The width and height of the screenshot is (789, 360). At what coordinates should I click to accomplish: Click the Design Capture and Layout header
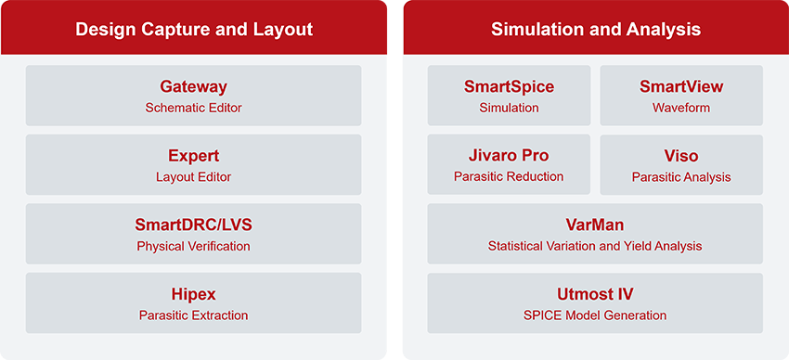coord(194,30)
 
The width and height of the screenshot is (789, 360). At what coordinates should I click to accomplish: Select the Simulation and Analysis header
coord(595,30)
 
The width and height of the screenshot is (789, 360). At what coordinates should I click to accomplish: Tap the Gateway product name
coord(193,87)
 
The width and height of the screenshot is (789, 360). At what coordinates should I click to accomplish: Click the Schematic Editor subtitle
coord(193,108)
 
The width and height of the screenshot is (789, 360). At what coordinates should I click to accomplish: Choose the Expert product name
coord(193,156)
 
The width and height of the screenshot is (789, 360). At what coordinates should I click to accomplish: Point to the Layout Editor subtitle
coord(193,176)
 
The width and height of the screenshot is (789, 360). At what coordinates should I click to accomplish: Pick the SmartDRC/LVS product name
coord(193,225)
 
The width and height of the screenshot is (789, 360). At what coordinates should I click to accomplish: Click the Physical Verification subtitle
coord(193,246)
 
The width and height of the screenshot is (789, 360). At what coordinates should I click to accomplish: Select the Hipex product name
coord(193,294)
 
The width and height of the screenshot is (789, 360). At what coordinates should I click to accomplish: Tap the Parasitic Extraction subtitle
coord(193,315)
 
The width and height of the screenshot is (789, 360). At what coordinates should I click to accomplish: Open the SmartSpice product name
coord(509,87)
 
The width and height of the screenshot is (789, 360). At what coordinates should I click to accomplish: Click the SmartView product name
coord(681,87)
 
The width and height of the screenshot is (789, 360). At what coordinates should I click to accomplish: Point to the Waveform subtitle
coord(681,108)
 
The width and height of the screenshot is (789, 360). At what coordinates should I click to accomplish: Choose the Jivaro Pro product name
coord(509,156)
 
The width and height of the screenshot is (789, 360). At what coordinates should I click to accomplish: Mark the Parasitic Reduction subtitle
coord(509,176)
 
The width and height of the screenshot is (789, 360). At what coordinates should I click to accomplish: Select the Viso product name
coord(681,156)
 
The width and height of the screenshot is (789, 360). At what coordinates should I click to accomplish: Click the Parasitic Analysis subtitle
coord(681,176)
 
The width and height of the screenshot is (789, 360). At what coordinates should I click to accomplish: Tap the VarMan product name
coord(595,225)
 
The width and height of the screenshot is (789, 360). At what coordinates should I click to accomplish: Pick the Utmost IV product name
coord(595,294)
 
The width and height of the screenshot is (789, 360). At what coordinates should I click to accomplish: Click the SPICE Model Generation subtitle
coord(595,315)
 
